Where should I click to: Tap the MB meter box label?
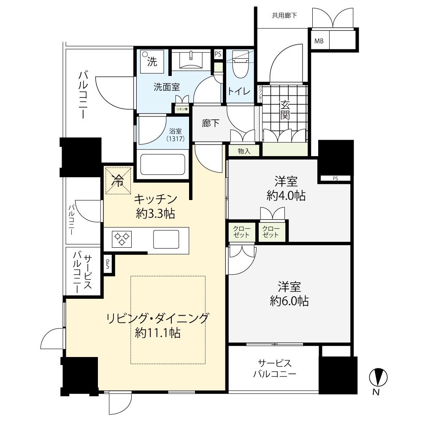[319, 41]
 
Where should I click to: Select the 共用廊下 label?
[284, 16]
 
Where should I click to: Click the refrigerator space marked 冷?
[118, 181]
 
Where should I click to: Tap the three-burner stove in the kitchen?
[121, 239]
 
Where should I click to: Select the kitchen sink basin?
[166, 239]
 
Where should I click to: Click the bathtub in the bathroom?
[162, 164]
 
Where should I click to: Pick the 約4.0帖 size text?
[286, 195]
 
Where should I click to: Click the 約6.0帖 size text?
[289, 301]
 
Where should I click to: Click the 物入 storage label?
[244, 151]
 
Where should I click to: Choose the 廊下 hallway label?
[210, 123]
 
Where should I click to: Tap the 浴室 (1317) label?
[174, 134]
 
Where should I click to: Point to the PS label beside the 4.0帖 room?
[335, 179]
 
